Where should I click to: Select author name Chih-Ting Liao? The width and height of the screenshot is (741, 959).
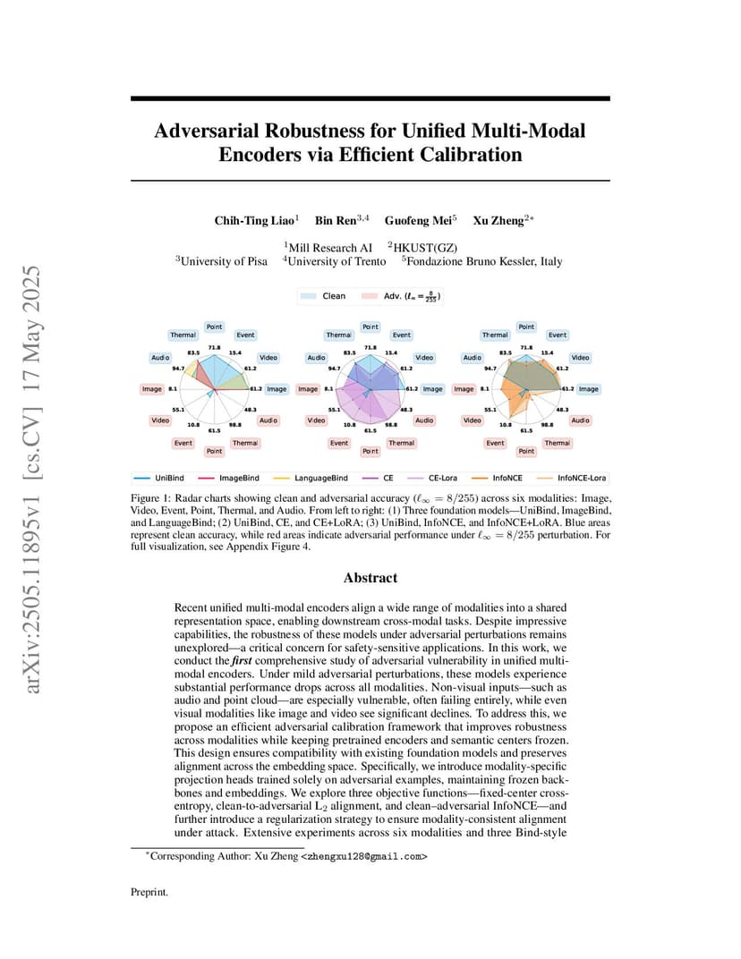click(254, 221)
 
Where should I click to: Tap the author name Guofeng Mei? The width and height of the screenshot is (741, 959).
click(418, 221)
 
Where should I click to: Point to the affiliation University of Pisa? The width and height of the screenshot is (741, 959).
click(224, 262)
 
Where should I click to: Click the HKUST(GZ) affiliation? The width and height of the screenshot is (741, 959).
click(425, 248)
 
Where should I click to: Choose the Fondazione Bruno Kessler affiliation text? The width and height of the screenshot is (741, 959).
click(484, 262)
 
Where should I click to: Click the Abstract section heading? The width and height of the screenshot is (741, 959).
click(370, 578)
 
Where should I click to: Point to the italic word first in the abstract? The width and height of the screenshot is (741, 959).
click(242, 660)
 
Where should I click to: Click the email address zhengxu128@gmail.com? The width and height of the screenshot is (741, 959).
click(363, 856)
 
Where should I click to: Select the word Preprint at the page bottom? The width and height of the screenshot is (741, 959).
click(149, 892)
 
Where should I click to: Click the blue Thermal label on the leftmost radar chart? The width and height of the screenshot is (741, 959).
click(183, 335)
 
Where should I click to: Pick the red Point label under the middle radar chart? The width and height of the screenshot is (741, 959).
click(370, 452)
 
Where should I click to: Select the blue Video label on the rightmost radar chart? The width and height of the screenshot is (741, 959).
click(580, 358)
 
